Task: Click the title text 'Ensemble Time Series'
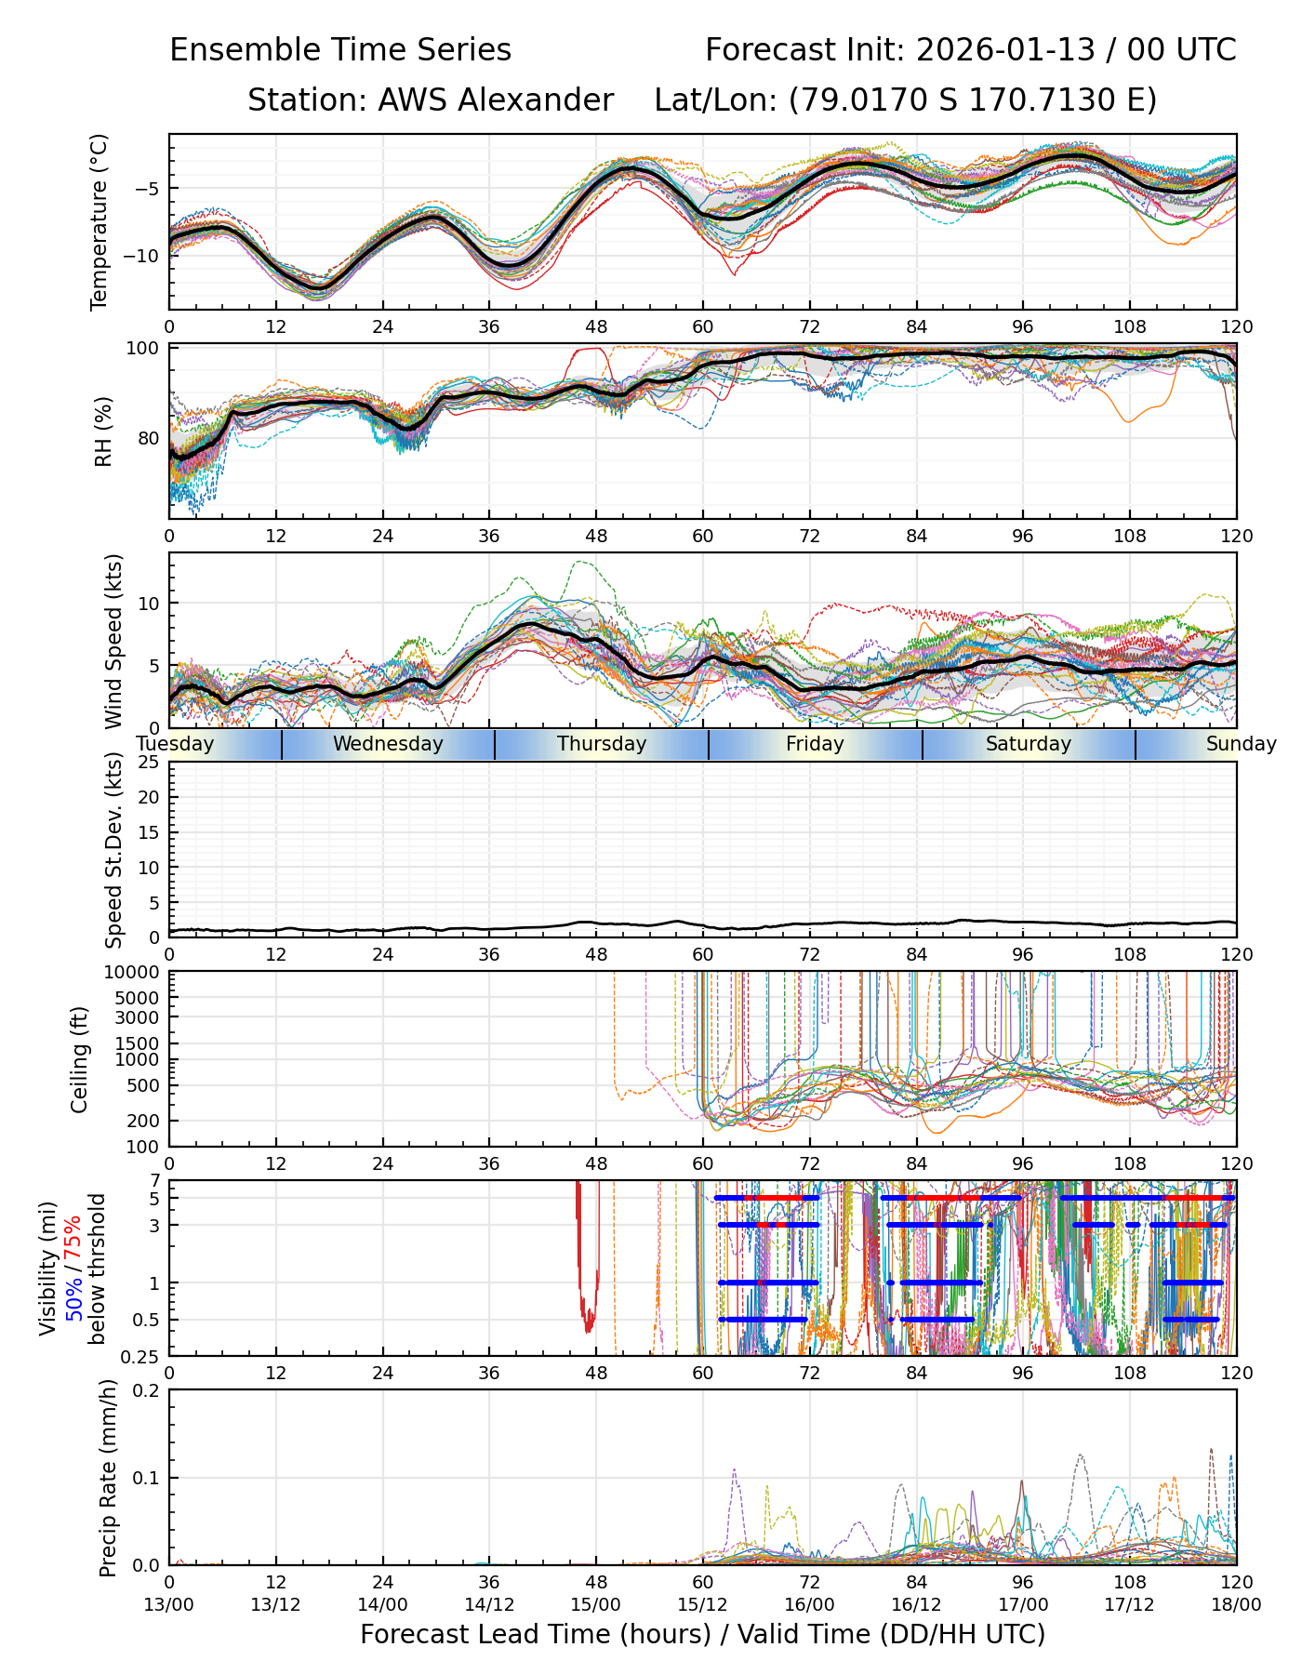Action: coord(339,50)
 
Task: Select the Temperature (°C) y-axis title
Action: coord(100,221)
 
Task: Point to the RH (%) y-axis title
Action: coord(103,431)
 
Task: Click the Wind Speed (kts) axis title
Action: coord(113,641)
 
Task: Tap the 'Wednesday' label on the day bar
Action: coord(388,744)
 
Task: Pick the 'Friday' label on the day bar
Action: coord(815,744)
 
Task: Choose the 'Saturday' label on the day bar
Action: coord(1029,744)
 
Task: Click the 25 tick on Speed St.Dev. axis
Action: coord(150,763)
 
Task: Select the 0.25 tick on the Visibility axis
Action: coord(142,1356)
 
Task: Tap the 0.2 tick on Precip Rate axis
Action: coord(146,1391)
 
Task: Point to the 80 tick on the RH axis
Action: coord(149,438)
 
